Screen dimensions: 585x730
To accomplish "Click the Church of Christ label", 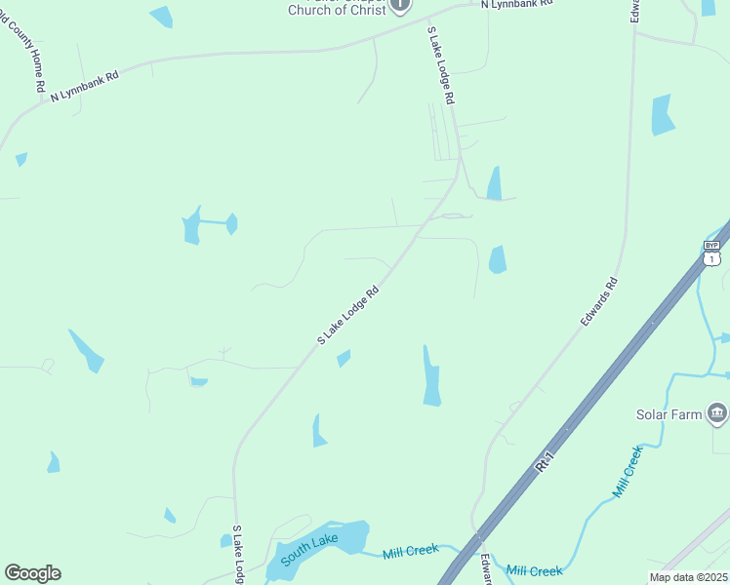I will (338, 10).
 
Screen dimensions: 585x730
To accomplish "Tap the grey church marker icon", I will (400, 5).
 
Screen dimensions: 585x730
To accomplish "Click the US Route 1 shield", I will (712, 258).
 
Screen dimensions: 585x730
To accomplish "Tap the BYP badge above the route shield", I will (712, 245).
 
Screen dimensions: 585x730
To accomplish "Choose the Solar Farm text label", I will (669, 415).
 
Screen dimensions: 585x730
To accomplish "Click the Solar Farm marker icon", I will (718, 413).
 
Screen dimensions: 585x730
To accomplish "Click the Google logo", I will (32, 573).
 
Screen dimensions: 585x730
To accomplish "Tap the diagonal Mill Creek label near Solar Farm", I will (628, 472).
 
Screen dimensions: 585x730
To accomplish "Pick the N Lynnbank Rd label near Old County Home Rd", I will (85, 85).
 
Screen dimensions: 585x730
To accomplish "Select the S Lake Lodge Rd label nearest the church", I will (440, 66).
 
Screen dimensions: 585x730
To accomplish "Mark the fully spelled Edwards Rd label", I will (599, 302).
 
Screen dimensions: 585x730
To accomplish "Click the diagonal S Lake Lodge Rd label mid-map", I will (347, 315).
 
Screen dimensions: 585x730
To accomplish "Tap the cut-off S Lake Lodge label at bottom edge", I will (238, 557).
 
